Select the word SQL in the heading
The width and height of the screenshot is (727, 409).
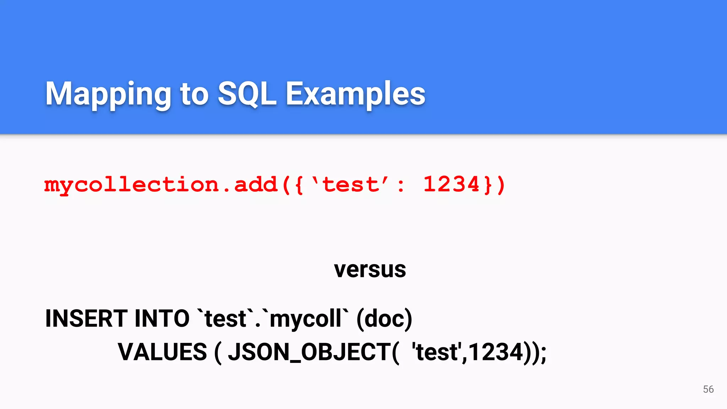(247, 94)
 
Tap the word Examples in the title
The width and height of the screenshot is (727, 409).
(355, 94)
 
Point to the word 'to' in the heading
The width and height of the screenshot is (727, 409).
(194, 94)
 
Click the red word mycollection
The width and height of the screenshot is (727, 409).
(131, 185)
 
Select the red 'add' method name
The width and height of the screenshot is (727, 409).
(256, 185)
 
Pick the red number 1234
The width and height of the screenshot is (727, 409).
(452, 185)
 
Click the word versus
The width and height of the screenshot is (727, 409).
(370, 270)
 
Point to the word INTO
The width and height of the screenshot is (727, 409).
(162, 318)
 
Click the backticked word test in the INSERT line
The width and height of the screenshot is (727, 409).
(226, 318)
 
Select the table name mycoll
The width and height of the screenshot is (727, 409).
(306, 318)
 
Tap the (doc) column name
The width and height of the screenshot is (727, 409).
(384, 318)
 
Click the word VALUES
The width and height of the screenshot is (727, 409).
(162, 352)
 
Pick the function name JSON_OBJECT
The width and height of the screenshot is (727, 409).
(310, 352)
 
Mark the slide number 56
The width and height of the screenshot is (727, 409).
(708, 389)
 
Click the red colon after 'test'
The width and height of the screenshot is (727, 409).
(401, 186)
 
